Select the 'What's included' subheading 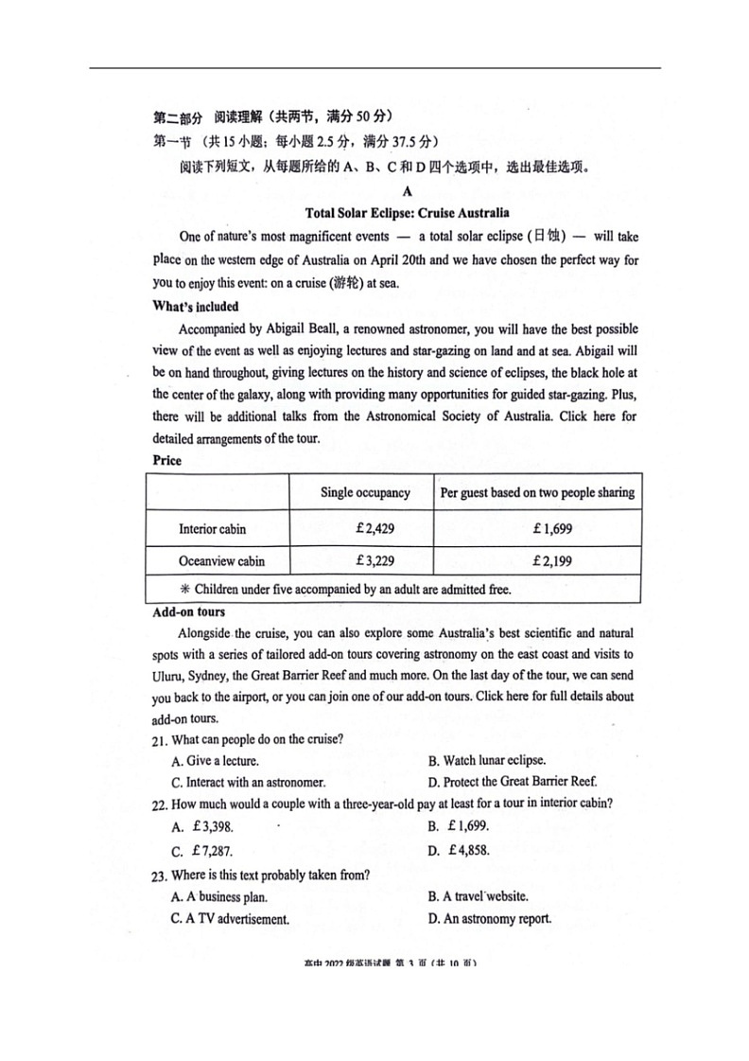coord(196,307)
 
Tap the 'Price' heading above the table coord(166,461)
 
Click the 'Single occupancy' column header coord(365,492)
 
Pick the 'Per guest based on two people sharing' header coord(537,492)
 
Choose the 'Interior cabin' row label coord(212,529)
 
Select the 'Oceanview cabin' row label coord(221,561)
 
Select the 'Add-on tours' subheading coord(189,612)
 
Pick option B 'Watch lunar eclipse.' coord(486,761)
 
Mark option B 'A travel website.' coord(478,896)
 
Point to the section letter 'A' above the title coord(408,191)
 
